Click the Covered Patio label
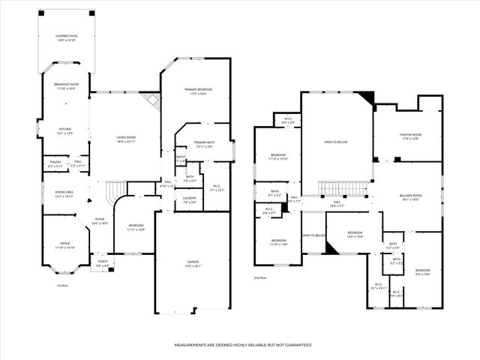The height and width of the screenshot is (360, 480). click(65, 37)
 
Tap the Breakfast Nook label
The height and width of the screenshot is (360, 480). click(66, 86)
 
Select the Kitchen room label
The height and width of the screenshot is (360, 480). click(65, 131)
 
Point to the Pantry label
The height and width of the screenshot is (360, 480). click(55, 163)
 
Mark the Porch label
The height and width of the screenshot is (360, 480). click(102, 264)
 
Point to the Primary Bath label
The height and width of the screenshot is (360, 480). click(204, 145)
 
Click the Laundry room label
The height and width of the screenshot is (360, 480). click(190, 200)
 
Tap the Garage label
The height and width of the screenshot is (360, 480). click(193, 263)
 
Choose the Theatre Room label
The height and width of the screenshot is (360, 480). click(409, 136)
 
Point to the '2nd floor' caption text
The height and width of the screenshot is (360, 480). click(260, 277)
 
